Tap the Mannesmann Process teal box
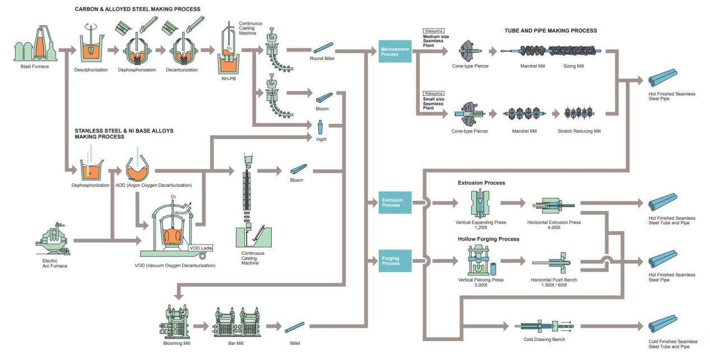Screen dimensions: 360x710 coord(395,52)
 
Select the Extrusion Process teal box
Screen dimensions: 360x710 coord(395,202)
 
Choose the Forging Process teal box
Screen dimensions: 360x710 coord(395,261)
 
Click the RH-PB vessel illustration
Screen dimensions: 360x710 coord(230,50)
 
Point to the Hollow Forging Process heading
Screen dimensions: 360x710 coord(488,239)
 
